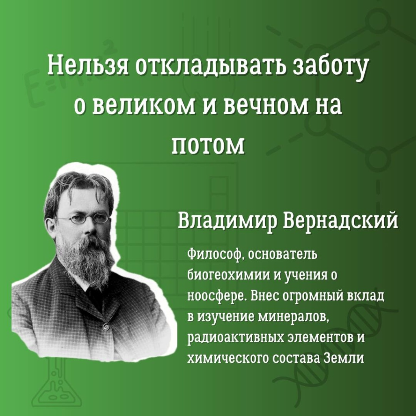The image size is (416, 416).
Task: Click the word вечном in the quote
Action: pos(267,106)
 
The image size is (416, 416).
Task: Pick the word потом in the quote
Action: pos(208,146)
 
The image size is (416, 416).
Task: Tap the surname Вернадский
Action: pos(340,221)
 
